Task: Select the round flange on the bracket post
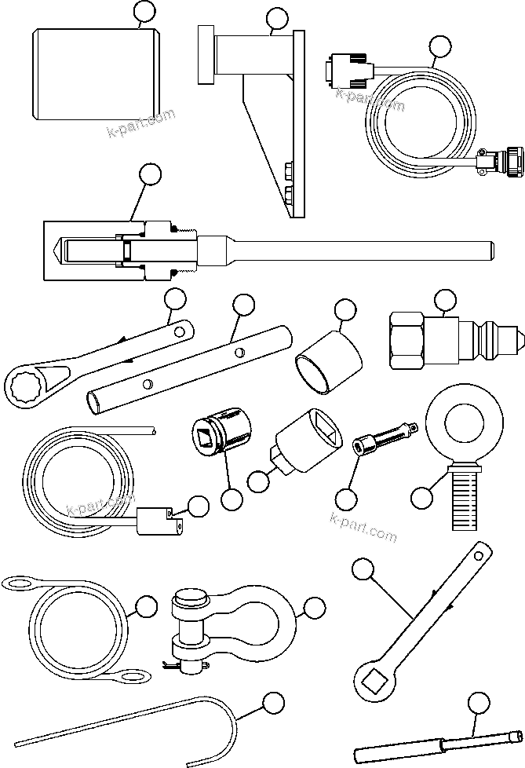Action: (x=206, y=53)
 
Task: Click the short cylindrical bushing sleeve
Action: (x=329, y=365)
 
